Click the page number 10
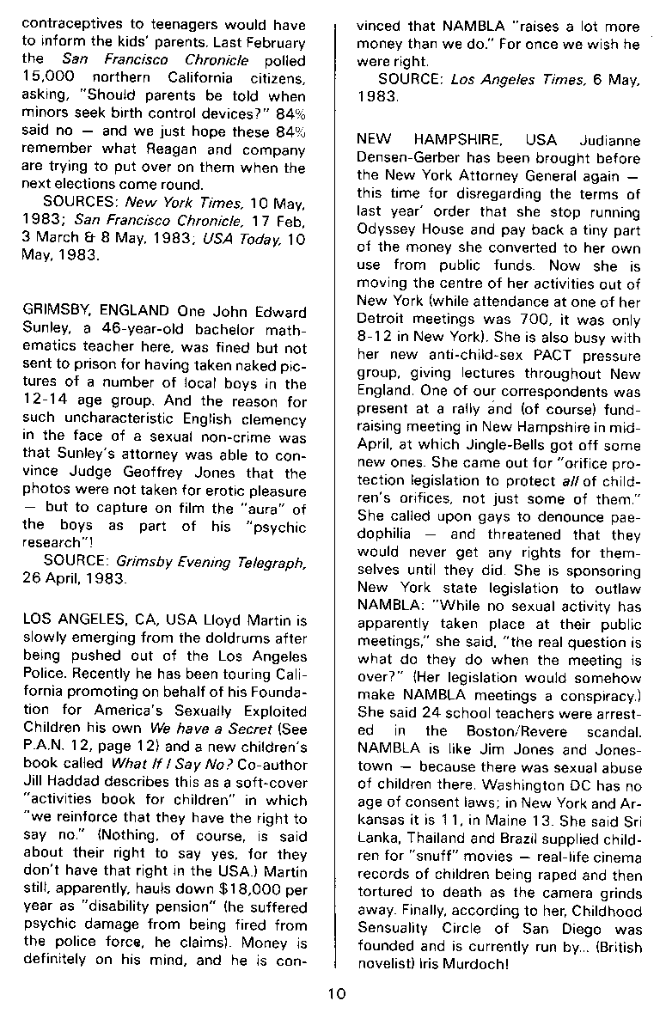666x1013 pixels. point(335,994)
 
